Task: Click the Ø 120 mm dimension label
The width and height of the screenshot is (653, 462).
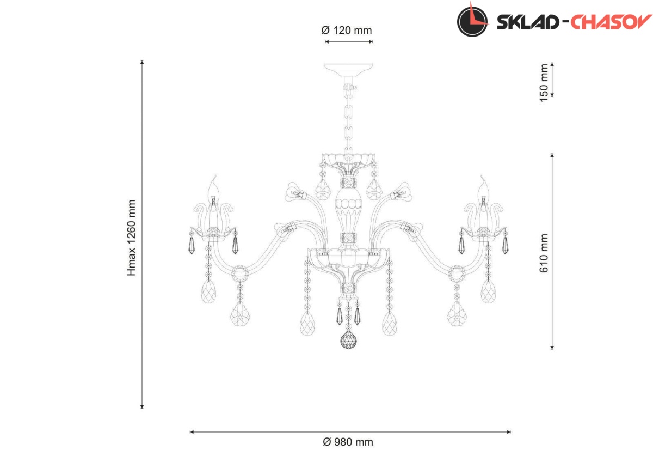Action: [x=347, y=31]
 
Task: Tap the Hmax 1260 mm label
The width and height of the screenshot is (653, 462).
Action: [x=132, y=238]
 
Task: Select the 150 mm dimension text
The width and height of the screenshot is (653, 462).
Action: [x=544, y=83]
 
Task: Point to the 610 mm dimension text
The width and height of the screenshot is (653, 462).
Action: [x=544, y=253]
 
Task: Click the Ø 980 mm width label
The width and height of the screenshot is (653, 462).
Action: [x=348, y=442]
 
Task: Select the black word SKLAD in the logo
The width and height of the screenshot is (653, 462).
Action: [x=527, y=22]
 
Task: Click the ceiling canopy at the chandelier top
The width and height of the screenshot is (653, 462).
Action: [x=348, y=70]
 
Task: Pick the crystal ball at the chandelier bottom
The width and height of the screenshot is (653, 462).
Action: [x=349, y=339]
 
